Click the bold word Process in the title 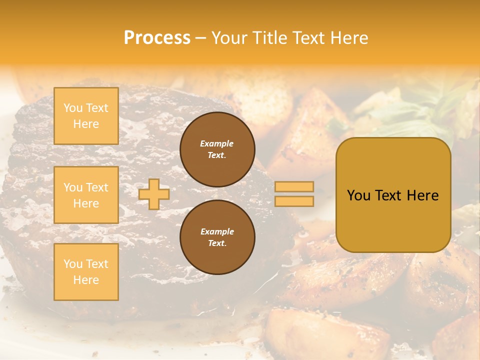[157, 38]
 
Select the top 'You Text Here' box [86, 116]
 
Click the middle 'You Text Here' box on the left [86, 195]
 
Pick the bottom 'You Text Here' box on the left [86, 272]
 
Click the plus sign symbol [154, 194]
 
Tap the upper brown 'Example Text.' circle [217, 149]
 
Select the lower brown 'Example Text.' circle [217, 237]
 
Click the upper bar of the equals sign [294, 187]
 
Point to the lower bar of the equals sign [294, 201]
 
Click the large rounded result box [393, 195]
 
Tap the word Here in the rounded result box [422, 195]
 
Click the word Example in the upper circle [217, 143]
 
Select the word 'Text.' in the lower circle [217, 243]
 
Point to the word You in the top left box [73, 108]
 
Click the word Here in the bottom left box [86, 280]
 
